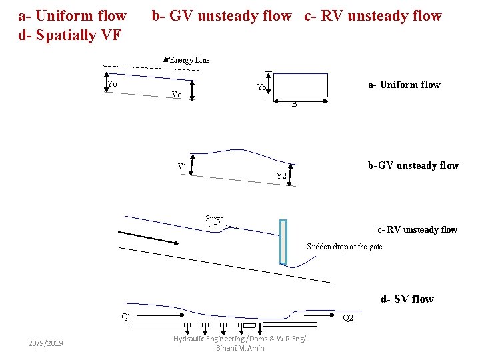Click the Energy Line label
(x=190, y=60)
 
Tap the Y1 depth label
(x=182, y=166)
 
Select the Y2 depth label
(x=281, y=176)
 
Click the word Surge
(x=215, y=219)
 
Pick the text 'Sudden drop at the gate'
(x=345, y=247)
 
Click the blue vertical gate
(x=283, y=241)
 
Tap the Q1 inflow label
(x=125, y=316)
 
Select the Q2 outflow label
(x=348, y=319)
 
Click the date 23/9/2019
(x=46, y=343)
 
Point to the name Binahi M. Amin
(x=240, y=348)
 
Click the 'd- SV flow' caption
(x=407, y=299)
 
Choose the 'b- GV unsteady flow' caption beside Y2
(x=413, y=165)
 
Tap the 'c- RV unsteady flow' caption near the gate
(x=417, y=230)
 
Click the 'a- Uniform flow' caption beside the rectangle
(x=404, y=85)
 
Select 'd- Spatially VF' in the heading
(x=69, y=35)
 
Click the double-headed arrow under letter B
(x=302, y=101)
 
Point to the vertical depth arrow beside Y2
(x=289, y=174)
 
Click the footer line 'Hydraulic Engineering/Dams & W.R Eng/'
(x=240, y=339)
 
